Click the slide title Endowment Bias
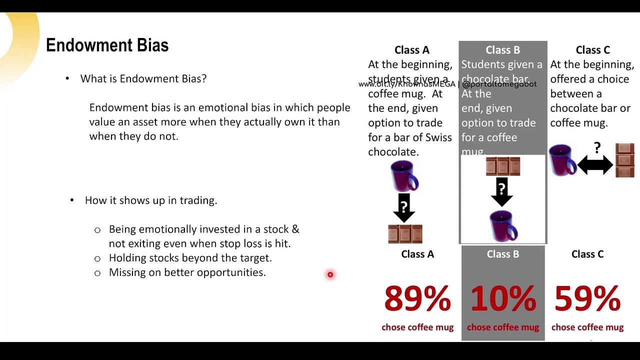pyautogui.click(x=107, y=45)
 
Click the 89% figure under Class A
pyautogui.click(x=417, y=298)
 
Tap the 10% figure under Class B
pyautogui.click(x=503, y=298)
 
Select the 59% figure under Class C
pyautogui.click(x=587, y=298)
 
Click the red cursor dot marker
pyautogui.click(x=330, y=274)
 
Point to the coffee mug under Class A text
pyautogui.click(x=404, y=176)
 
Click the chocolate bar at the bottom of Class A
pyautogui.click(x=405, y=233)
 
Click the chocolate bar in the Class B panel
pyautogui.click(x=503, y=166)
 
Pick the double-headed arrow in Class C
pyautogui.click(x=595, y=164)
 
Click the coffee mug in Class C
pyautogui.click(x=562, y=159)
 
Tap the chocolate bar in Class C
pyautogui.click(x=625, y=160)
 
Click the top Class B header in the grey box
pyautogui.click(x=502, y=50)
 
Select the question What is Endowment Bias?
pyautogui.click(x=143, y=78)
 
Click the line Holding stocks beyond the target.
pyautogui.click(x=190, y=258)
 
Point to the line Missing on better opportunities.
pyautogui.click(x=187, y=272)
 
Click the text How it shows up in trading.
pyautogui.click(x=150, y=200)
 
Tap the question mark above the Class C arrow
pyautogui.click(x=597, y=147)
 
